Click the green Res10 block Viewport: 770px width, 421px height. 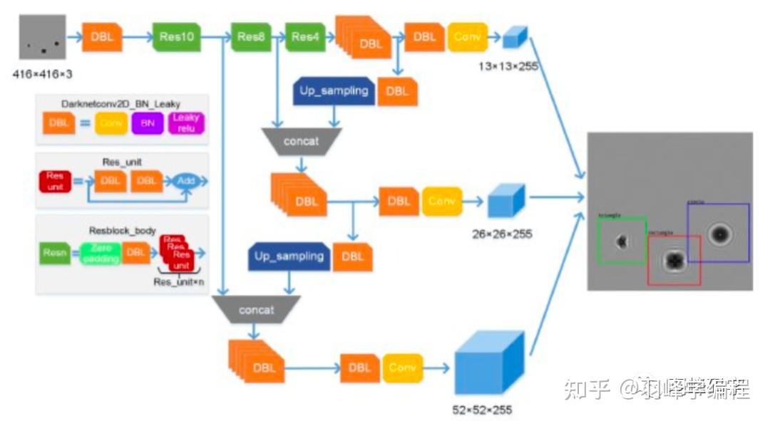click(x=176, y=37)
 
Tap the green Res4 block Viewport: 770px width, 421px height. click(x=305, y=37)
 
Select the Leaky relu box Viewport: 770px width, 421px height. click(x=187, y=123)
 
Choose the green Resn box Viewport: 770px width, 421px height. click(x=55, y=251)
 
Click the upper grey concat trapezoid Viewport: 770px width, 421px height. click(x=301, y=141)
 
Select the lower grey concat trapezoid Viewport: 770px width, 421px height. click(x=255, y=310)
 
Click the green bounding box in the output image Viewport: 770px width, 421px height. click(x=622, y=241)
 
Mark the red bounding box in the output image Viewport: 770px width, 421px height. click(x=674, y=260)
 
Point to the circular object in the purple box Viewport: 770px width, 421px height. click(x=719, y=233)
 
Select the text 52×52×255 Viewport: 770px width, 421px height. click(x=482, y=409)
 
